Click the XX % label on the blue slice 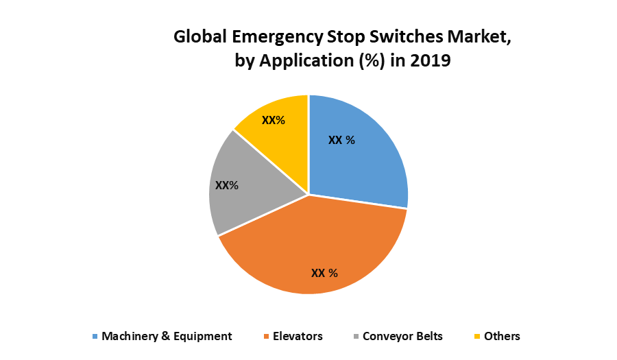pos(341,140)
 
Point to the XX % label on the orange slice pos(324,273)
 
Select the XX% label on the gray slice pos(226,185)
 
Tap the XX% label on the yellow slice pos(274,120)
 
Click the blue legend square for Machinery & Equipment pos(95,337)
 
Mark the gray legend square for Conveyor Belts pos(355,337)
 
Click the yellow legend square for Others pos(476,337)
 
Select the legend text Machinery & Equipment pos(167,336)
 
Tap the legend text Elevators pos(298,336)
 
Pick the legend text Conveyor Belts pos(402,336)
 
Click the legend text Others pos(502,336)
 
